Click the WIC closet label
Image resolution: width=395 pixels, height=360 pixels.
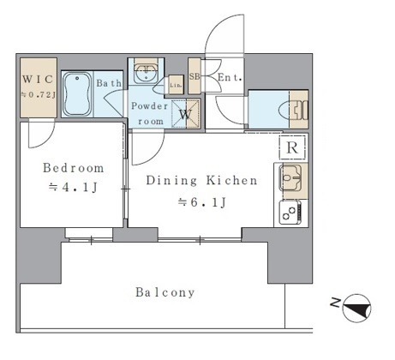click(38, 79)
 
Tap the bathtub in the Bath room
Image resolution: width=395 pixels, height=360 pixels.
click(77, 94)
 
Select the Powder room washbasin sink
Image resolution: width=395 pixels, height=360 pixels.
click(147, 74)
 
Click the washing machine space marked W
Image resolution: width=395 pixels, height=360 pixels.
click(186, 114)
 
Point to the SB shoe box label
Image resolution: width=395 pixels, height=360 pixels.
click(195, 76)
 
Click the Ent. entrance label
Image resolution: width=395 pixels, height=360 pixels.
click(230, 77)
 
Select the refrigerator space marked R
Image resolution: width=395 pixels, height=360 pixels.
click(292, 147)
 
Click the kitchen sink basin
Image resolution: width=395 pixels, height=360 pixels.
click(290, 177)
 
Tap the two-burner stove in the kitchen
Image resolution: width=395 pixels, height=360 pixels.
click(290, 213)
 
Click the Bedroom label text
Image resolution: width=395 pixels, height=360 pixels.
click(74, 168)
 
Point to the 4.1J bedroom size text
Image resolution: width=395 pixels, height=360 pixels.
click(74, 188)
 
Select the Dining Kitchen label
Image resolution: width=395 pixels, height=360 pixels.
click(201, 180)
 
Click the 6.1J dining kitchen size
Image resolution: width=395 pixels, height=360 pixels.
click(202, 202)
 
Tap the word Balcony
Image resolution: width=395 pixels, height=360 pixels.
click(165, 292)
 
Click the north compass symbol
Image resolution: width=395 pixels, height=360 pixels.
click(356, 309)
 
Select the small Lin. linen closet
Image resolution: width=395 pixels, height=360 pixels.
click(176, 85)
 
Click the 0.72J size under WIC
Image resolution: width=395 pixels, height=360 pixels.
click(38, 94)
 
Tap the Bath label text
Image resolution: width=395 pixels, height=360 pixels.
click(109, 83)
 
